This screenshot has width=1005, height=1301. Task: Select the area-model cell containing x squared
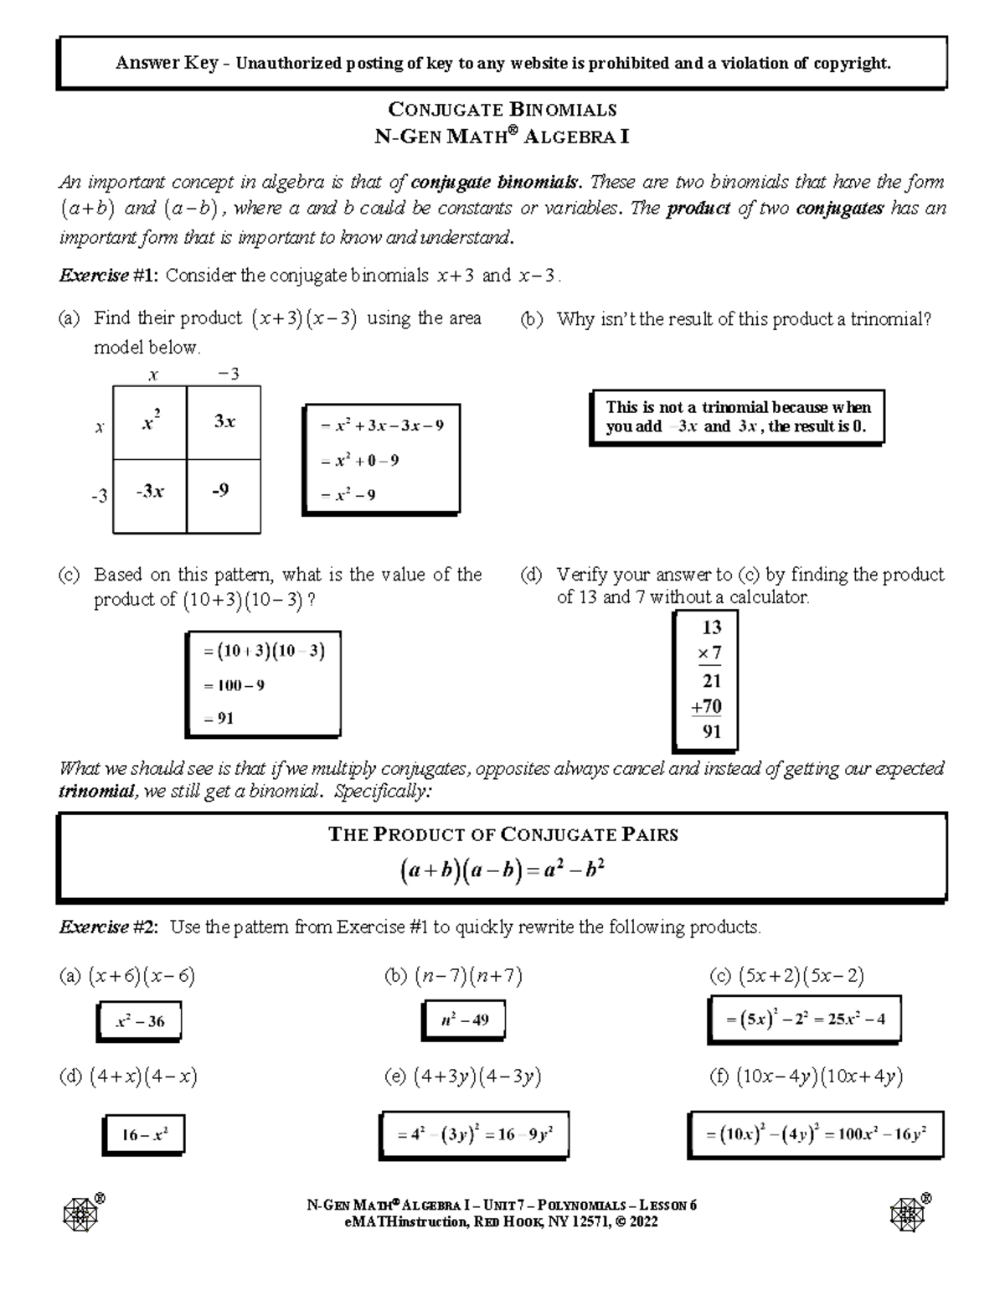click(151, 423)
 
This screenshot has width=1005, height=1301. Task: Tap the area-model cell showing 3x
click(224, 423)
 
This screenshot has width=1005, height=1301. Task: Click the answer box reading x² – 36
click(138, 1021)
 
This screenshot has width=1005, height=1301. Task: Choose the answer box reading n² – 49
click(463, 1020)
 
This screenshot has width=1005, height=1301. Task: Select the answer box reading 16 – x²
click(144, 1136)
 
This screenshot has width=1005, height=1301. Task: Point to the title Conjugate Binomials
click(502, 110)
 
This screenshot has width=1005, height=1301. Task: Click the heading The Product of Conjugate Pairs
click(502, 834)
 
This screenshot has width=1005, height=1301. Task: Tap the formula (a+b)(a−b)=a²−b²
click(502, 871)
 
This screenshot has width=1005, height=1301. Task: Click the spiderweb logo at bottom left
click(81, 1212)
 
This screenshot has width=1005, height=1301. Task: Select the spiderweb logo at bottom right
click(907, 1212)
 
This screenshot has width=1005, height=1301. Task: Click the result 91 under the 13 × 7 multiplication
click(712, 731)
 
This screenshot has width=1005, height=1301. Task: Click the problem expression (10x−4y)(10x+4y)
click(819, 1077)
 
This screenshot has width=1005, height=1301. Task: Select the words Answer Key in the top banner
click(167, 63)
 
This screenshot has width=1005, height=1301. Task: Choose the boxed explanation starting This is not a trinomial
click(737, 417)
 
